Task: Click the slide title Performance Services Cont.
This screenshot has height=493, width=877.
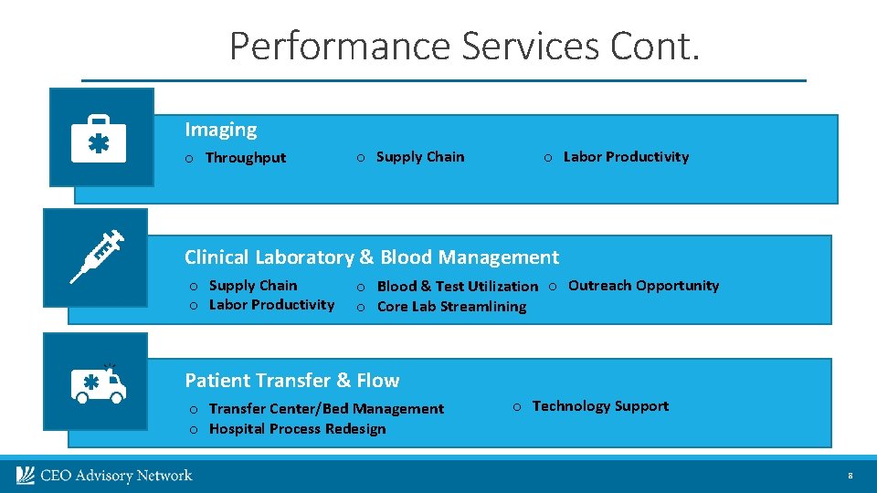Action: pos(464,46)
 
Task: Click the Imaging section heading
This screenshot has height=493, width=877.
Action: pos(220,130)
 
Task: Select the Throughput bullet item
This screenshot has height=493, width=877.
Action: pos(245,158)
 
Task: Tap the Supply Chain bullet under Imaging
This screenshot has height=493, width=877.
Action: pos(419,157)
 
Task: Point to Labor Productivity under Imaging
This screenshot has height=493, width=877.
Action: pos(626,157)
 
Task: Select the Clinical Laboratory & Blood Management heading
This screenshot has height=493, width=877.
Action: pos(371,257)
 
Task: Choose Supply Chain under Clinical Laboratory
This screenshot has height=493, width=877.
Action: pos(252,286)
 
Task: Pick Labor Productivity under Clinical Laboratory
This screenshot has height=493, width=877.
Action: pos(271,305)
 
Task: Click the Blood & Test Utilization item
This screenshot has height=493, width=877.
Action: pos(457,287)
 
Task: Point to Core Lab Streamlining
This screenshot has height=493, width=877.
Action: pos(451,307)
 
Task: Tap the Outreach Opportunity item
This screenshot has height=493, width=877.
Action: pos(643,286)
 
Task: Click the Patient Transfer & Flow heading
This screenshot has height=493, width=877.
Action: pos(291,380)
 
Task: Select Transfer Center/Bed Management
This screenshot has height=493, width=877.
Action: pos(326,409)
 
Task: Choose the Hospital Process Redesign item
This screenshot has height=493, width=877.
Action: pos(297,429)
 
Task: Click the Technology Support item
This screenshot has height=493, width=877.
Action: pos(600,406)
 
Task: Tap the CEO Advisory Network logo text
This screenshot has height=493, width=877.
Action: pos(115,476)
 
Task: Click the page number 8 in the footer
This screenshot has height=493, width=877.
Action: pos(850,477)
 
